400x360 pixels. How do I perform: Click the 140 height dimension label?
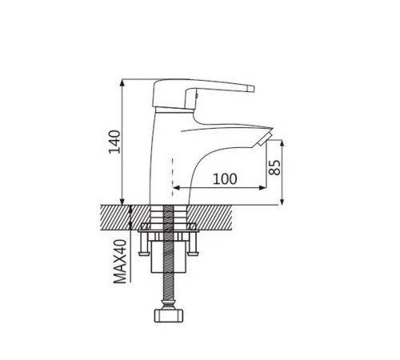click(114, 142)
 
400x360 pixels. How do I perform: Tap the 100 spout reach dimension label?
click(225, 179)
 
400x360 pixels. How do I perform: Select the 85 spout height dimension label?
click(274, 167)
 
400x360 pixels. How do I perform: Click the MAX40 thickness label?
click(120, 262)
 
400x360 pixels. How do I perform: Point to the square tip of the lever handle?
click(251, 89)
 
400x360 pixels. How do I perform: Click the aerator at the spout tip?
click(265, 138)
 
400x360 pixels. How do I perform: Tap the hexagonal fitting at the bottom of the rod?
click(169, 315)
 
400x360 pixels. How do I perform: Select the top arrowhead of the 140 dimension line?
click(122, 82)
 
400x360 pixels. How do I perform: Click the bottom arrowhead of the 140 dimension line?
click(122, 202)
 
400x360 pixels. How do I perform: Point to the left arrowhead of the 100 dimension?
click(176, 188)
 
